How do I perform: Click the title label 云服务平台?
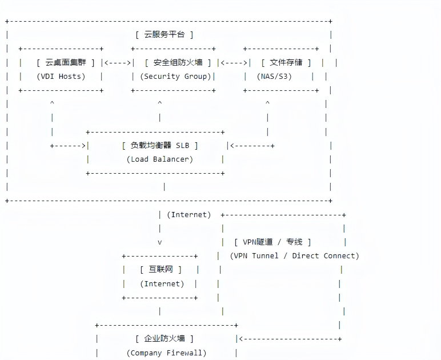coord(164,35)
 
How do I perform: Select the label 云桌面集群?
coord(65,63)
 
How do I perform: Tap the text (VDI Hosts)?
coord(61,77)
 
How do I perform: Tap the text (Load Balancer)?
coord(160,159)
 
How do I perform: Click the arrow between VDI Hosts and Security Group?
coord(117,63)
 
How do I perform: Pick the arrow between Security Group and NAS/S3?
coord(234,63)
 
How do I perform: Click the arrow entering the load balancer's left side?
coord(69,146)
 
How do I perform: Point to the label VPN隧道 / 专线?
coord(272,242)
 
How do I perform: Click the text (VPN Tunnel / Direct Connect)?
coord(294,256)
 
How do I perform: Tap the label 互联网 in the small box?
coord(161,270)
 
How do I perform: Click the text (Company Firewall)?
coord(166,353)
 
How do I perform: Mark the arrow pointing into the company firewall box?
coord(288,339)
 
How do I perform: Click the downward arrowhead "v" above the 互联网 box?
coord(160,242)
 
